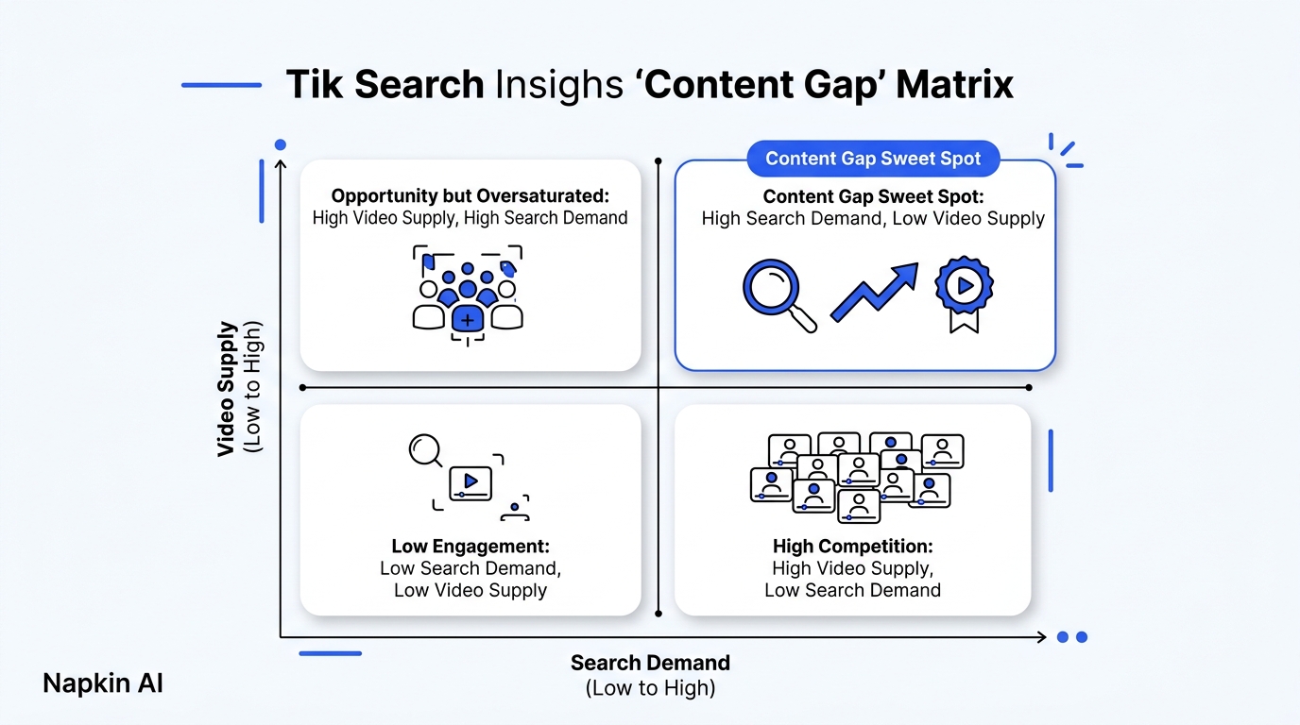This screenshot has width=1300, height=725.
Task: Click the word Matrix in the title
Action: pos(954,85)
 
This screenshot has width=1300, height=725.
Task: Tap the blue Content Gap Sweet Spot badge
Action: pos(873,159)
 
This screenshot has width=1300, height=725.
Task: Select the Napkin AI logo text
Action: pos(103,683)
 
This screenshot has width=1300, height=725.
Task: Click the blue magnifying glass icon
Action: pos(779,295)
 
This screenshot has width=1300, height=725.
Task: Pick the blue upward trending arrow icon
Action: pos(875,292)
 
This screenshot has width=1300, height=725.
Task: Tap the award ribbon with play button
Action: pos(964,295)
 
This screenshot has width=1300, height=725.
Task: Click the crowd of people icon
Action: pos(467,295)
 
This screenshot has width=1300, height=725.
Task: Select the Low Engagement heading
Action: pos(470,547)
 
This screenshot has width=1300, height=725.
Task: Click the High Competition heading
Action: pos(852,547)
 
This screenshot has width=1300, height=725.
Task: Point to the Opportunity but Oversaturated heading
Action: pos(470,196)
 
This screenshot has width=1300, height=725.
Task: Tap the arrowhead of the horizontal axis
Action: pos(1042,637)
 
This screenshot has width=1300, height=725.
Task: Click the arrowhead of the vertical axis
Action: pos(281,164)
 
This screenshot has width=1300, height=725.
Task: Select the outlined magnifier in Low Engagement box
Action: pos(425,450)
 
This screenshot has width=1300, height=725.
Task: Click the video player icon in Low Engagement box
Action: pos(470,483)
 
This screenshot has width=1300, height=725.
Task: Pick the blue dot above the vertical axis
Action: pos(281,144)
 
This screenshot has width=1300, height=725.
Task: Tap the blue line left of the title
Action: pos(221,85)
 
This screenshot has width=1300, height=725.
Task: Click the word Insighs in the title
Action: pos(559,85)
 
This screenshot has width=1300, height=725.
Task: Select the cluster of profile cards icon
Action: pos(857,478)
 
